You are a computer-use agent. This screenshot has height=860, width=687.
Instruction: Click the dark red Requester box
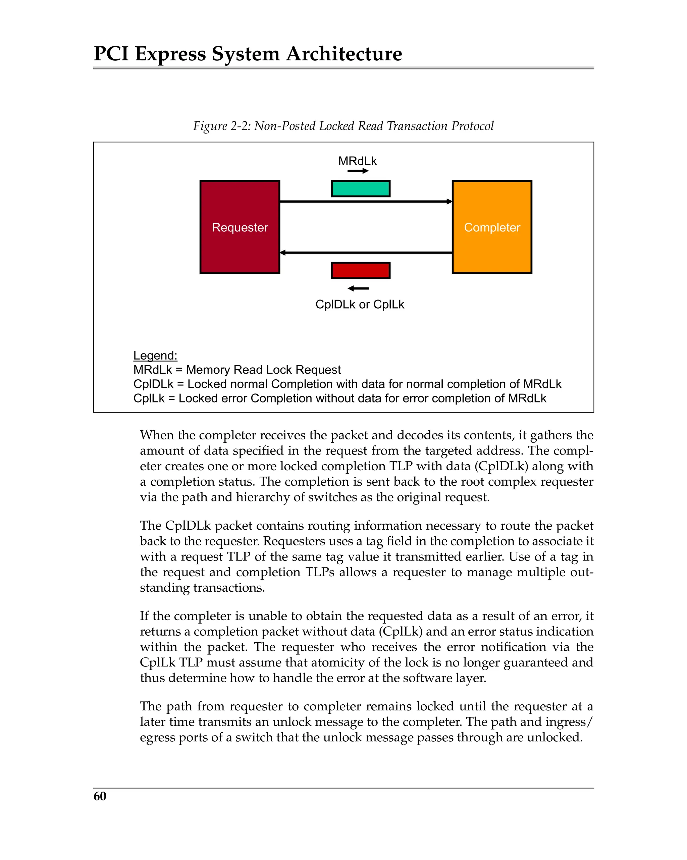click(x=240, y=227)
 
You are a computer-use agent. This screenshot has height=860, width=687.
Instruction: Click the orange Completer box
click(x=491, y=227)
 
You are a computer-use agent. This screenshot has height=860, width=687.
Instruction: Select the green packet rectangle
click(x=360, y=189)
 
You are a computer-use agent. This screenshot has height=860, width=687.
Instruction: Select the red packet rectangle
click(x=360, y=270)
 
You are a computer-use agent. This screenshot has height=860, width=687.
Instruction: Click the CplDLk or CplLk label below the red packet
click(x=360, y=304)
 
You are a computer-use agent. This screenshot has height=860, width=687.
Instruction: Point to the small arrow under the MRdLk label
click(x=358, y=171)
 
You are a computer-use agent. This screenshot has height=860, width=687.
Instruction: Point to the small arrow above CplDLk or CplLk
click(x=358, y=288)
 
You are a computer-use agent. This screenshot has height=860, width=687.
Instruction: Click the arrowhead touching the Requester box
click(x=283, y=253)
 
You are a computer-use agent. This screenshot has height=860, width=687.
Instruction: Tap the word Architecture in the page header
click(x=344, y=54)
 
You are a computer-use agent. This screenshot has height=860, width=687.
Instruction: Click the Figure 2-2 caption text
click(x=343, y=126)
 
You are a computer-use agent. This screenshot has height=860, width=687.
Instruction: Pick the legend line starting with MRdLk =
click(x=237, y=370)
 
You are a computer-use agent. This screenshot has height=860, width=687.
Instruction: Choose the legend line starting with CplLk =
click(x=339, y=398)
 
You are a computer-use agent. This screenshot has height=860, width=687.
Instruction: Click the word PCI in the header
click(x=111, y=54)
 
